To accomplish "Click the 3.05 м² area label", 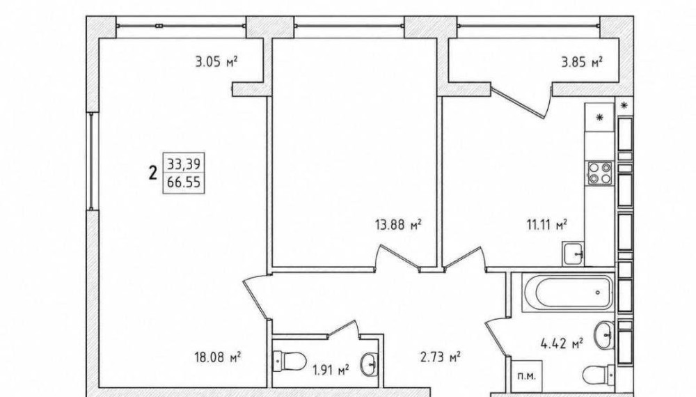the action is (216, 61).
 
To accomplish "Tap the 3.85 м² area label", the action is (581, 62).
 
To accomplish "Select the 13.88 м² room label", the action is (397, 225).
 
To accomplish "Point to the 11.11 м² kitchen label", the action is (546, 225).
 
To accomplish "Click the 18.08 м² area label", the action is (217, 357).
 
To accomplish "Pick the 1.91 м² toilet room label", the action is (331, 369).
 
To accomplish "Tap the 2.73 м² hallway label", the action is (440, 357).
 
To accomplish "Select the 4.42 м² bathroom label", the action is (562, 343).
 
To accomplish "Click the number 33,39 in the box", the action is (184, 164).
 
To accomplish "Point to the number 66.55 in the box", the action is (184, 182).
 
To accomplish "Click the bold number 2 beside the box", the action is (153, 172).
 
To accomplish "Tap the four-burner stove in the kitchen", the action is (600, 173).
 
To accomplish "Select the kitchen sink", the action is (574, 254).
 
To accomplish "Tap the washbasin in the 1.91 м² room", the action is (370, 364).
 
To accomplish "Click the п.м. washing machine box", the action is (526, 375).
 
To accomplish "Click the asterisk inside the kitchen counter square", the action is (600, 118).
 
